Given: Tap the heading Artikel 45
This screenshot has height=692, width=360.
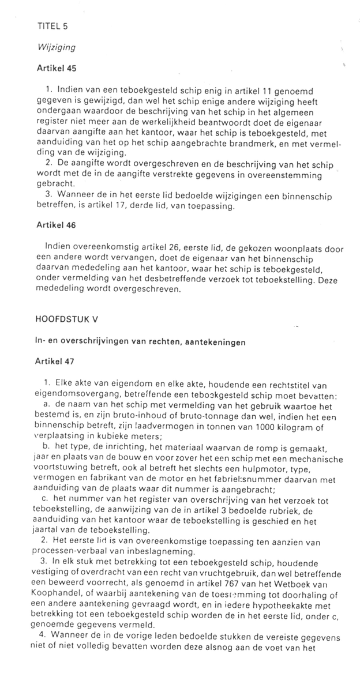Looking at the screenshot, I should pyautogui.click(x=56, y=68).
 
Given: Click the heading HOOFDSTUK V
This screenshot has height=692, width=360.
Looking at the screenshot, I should pyautogui.click(x=67, y=319).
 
